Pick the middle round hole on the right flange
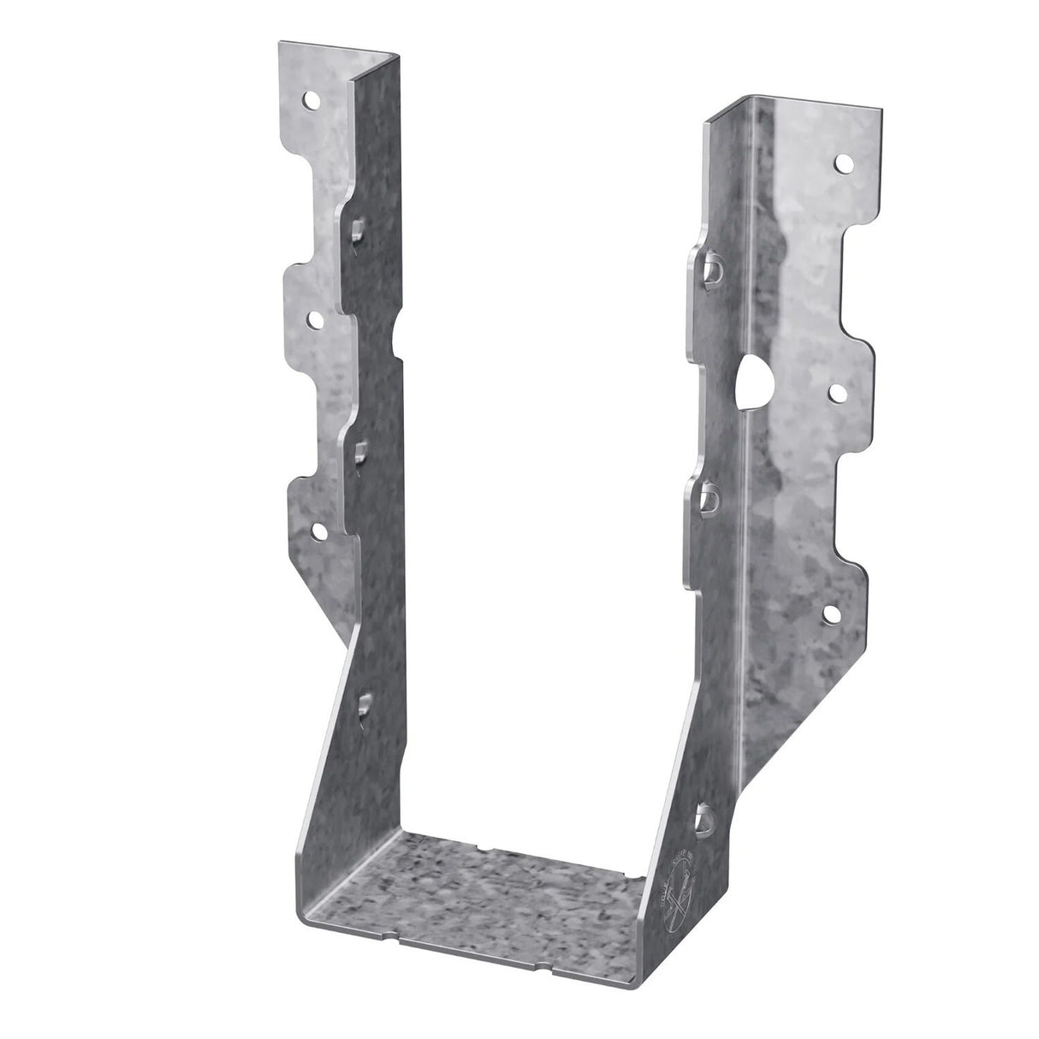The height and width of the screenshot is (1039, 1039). [838, 392]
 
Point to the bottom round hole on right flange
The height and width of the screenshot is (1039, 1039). [829, 613]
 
